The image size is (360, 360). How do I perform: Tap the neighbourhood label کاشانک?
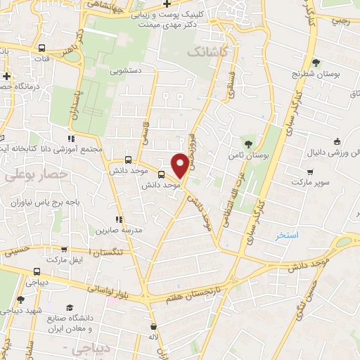pos(207,52)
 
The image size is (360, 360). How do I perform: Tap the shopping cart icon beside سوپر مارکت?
pos(309,172)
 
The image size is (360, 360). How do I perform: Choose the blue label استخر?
pos(288,235)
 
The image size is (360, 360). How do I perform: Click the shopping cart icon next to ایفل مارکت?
pos(64,250)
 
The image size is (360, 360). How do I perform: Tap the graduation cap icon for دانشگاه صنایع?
pos(70,307)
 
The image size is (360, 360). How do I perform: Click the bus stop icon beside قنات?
pos(42,49)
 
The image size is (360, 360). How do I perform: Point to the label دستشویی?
pos(126,71)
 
